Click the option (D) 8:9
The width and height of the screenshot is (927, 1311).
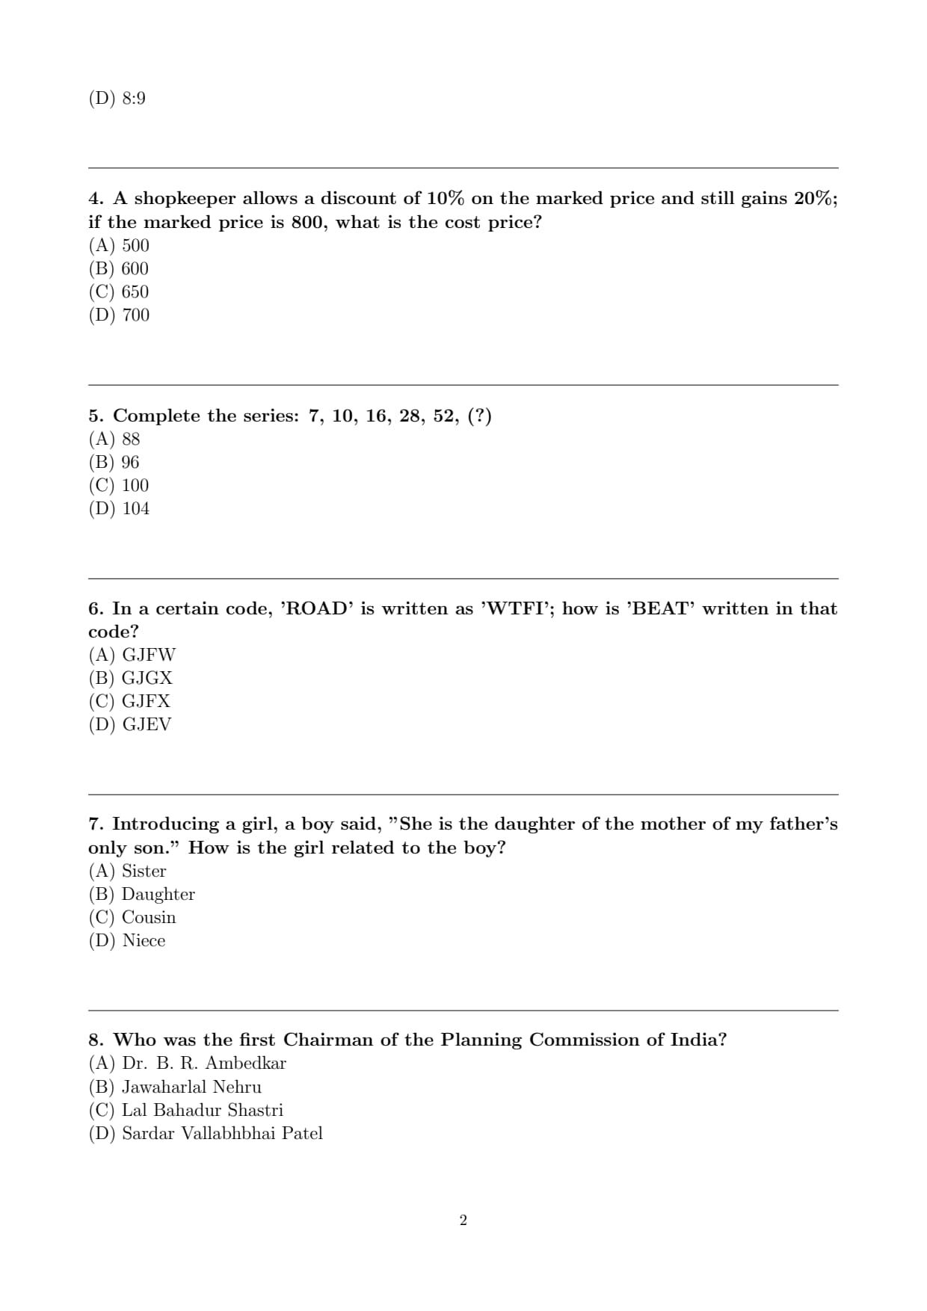(117, 98)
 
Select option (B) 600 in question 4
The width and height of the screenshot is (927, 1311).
(119, 268)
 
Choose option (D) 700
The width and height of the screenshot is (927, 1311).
(120, 315)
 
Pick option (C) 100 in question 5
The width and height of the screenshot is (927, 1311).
(119, 485)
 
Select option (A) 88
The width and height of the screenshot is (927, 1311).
(114, 439)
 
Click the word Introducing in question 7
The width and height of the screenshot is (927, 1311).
(173, 824)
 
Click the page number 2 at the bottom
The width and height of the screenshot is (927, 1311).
(463, 1221)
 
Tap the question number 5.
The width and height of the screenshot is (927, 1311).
(95, 416)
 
